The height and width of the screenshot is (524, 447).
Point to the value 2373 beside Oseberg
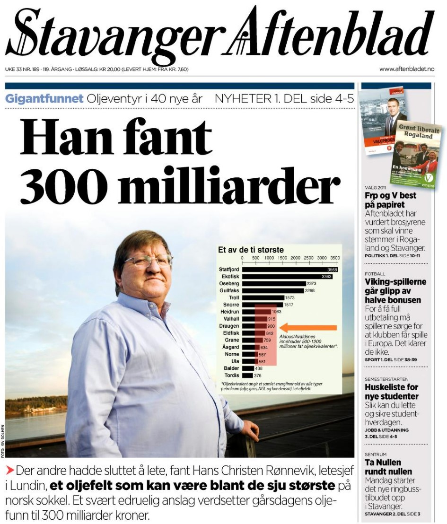pos(311,284)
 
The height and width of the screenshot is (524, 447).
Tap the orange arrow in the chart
pos(308,327)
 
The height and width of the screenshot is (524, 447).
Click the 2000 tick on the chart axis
pos(295,258)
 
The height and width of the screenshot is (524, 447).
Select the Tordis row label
pos(231,376)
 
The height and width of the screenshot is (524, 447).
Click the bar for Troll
pos(263,298)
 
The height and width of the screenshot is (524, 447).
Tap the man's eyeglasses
pos(148,261)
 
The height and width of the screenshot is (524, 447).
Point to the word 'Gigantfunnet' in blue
pos(44,99)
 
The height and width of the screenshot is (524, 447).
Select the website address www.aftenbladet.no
pos(406,69)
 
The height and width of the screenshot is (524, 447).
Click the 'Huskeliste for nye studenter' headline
pos(391,392)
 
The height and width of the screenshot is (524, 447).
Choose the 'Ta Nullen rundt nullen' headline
pos(388,467)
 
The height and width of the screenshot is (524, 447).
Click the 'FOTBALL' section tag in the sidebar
pos(375,274)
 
